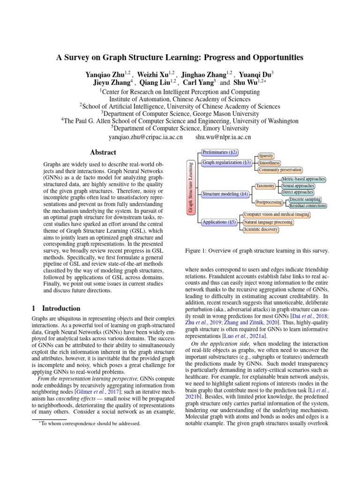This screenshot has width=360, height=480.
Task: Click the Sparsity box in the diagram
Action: [266, 156]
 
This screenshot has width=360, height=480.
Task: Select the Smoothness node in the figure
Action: [269, 163]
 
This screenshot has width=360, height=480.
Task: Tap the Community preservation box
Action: [280, 170]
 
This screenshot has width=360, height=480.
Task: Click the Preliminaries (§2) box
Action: [220, 152]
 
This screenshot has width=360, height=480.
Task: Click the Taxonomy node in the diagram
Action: [265, 186]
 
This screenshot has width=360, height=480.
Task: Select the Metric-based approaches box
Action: [303, 179]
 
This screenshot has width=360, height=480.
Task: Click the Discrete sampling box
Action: [305, 199]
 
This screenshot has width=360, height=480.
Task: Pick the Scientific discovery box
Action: [261, 230]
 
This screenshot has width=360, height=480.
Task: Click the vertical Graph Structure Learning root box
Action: [191, 187]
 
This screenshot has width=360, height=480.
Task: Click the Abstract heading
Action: [103, 152]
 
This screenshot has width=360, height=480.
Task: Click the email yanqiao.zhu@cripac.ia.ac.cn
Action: [145, 137]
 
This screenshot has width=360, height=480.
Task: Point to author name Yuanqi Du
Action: [256, 74]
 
